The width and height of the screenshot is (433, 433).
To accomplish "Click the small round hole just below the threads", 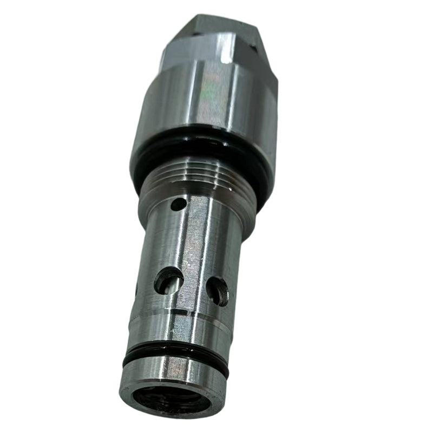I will (176, 204).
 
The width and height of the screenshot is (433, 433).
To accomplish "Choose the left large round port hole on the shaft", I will (168, 281).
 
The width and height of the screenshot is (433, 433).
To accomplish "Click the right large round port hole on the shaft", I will (218, 291).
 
